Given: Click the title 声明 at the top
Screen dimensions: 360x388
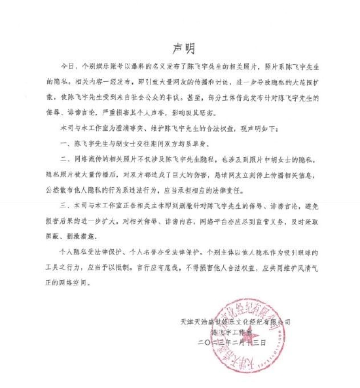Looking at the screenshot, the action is (181, 48).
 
